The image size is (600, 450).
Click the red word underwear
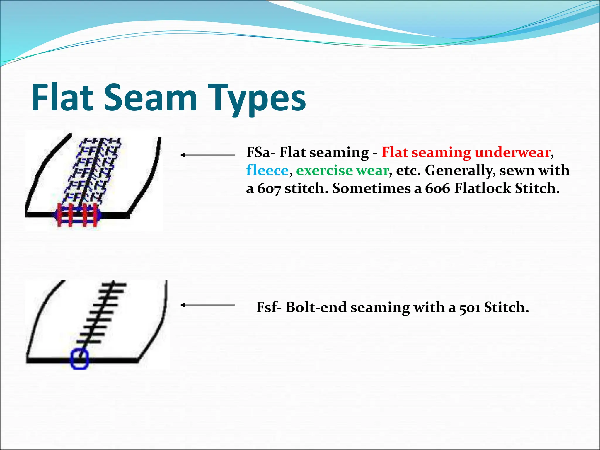[x=512, y=152]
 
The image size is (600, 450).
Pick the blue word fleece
[x=267, y=170]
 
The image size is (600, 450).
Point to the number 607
[x=269, y=188]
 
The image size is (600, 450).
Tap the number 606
[x=437, y=188]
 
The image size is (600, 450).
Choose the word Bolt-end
[x=316, y=307]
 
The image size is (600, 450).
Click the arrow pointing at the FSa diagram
[x=207, y=155]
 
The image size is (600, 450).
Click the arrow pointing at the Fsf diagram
[x=207, y=305]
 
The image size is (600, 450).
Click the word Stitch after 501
[x=506, y=307]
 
